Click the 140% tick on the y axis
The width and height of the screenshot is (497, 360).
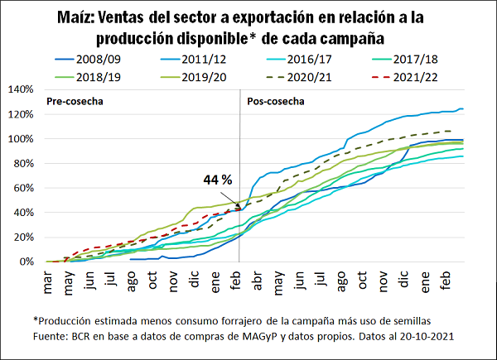[19, 89]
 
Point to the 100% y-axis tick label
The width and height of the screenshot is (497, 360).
[19, 138]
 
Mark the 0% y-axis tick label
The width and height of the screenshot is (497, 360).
[25, 262]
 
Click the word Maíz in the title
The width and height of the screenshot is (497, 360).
[79, 17]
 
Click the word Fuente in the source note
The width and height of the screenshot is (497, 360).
[50, 336]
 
